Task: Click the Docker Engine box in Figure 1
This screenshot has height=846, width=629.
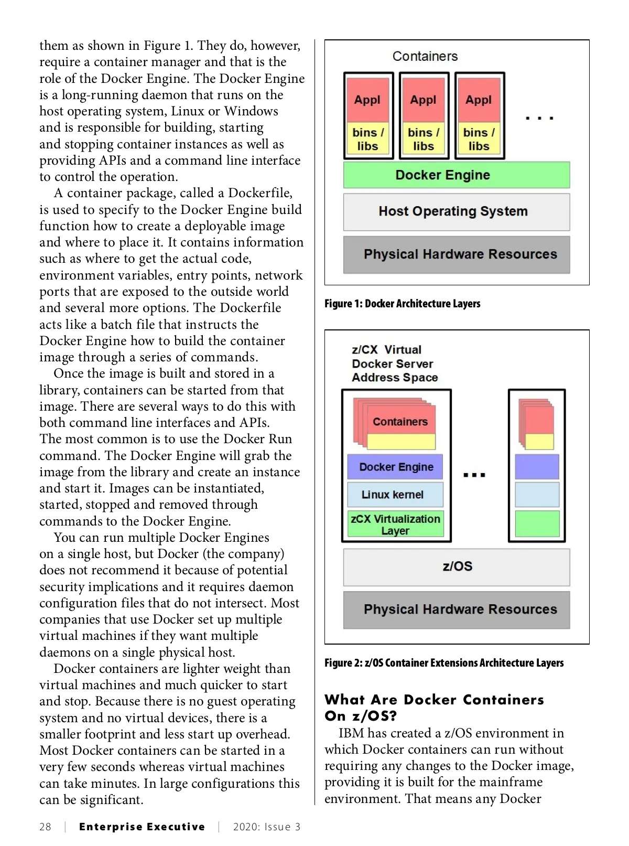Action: click(x=456, y=175)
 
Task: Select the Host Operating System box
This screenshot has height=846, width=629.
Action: click(x=456, y=212)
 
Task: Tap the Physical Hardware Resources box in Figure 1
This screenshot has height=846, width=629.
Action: click(x=456, y=254)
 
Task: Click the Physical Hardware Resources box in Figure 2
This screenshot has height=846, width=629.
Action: click(x=456, y=609)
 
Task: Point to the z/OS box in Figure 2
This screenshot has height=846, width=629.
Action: click(x=456, y=567)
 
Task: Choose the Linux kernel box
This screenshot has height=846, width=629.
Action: click(x=395, y=495)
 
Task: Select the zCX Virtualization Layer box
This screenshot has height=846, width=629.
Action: click(x=395, y=524)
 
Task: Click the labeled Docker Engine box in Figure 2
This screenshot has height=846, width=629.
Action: click(x=395, y=467)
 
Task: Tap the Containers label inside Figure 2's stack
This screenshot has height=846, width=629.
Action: click(x=400, y=422)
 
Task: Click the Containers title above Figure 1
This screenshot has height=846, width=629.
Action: click(x=425, y=56)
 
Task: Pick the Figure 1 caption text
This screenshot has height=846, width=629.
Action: click(x=402, y=304)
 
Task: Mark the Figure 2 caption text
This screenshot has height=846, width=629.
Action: click(x=444, y=663)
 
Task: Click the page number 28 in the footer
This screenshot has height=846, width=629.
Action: click(x=46, y=827)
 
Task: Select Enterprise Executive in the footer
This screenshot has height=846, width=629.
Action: click(x=142, y=827)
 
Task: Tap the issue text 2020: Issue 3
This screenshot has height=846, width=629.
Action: click(x=267, y=827)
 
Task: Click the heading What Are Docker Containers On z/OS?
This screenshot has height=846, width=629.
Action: click(x=434, y=708)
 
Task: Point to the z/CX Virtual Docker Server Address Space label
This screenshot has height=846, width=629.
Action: click(x=394, y=363)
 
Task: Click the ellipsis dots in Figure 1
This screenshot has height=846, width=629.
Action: click(x=539, y=119)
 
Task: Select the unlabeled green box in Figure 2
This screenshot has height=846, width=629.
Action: click(x=537, y=523)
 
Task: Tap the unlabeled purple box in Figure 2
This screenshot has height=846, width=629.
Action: click(x=537, y=467)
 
